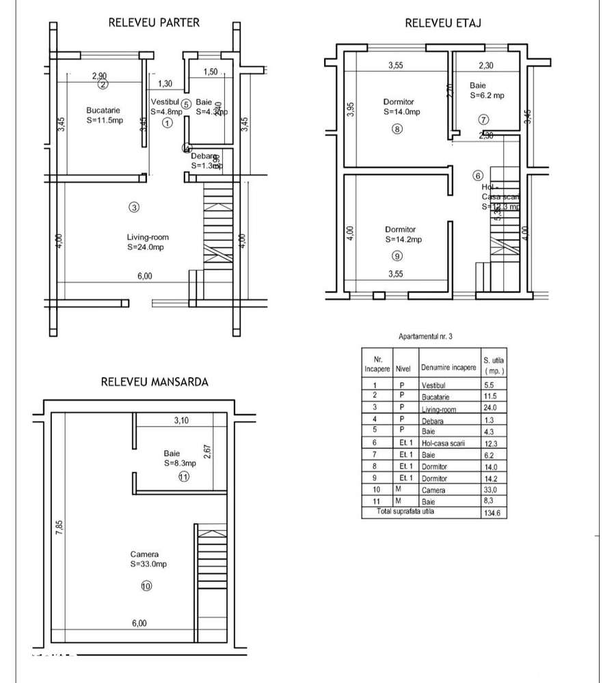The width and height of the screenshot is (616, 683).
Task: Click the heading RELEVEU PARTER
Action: tap(154, 23)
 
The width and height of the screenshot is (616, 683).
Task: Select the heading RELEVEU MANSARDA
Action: tap(155, 382)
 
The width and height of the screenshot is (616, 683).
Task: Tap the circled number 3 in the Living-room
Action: tap(135, 208)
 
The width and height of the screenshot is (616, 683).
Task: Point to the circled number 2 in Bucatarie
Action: tap(103, 85)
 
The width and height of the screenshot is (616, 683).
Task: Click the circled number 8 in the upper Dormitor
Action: tap(397, 128)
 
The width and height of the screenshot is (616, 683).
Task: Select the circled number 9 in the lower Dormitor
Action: tap(397, 256)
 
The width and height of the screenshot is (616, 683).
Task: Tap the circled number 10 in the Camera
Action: tap(146, 585)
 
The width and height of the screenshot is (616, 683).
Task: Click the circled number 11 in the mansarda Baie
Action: tap(183, 477)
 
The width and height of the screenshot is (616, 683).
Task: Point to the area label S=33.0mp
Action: tap(148, 565)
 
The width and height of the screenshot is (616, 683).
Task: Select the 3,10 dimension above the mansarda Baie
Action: tap(181, 421)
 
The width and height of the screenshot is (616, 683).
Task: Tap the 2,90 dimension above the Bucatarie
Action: tap(100, 76)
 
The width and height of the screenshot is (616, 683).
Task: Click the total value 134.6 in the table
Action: tap(492, 513)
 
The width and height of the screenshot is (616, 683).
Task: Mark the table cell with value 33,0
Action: tap(492, 490)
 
